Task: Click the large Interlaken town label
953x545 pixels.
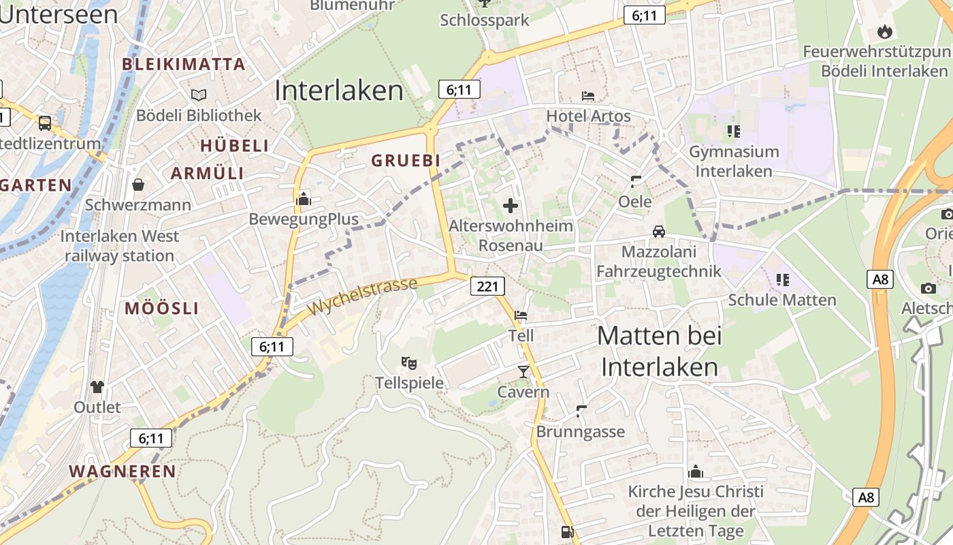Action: pos(340,91)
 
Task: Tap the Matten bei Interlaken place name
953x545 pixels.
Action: pos(660,352)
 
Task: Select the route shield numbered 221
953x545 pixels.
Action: pos(487,286)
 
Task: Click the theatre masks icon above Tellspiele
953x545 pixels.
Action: pos(408,362)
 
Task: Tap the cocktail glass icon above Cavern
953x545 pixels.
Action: pos(523,371)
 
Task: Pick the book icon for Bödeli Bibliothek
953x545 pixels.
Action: pos(198,95)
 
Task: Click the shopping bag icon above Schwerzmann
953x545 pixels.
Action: pos(138,184)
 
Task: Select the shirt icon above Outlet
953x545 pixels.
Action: pos(97,387)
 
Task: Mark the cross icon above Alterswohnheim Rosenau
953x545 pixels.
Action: pos(510,205)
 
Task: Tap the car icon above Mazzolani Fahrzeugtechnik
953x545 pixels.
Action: pos(658,232)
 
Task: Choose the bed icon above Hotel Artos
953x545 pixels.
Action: pos(588,96)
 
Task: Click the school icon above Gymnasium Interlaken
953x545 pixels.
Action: pos(733,131)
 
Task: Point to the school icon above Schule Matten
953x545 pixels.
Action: pos(782,279)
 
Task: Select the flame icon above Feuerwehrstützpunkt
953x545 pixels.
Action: pos(884,31)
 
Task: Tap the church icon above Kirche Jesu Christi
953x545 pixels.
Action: pos(695,471)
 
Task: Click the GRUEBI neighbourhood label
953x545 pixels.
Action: pos(405,160)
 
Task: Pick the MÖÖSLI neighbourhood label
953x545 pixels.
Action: pos(161,309)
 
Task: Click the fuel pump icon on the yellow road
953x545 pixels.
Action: pos(567,532)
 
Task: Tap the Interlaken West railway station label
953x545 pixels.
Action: pos(120,246)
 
